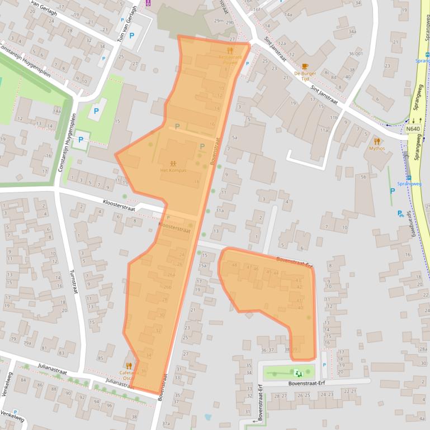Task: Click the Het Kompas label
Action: tap(172, 170)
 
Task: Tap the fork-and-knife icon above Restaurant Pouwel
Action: tap(229, 50)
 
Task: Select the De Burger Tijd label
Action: tap(305, 76)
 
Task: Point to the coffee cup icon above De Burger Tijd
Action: tap(305, 66)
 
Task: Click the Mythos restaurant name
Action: tap(377, 149)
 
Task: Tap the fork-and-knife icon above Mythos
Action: tap(377, 141)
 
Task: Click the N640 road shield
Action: tap(413, 129)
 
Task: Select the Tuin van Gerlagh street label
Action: tap(134, 17)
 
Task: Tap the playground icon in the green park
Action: tap(297, 372)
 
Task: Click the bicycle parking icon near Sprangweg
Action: tap(400, 213)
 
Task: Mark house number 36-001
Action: tap(356, 54)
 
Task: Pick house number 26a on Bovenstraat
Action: tap(171, 275)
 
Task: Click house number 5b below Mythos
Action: tap(363, 177)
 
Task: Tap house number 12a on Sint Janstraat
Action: tap(282, 44)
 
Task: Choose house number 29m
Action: tap(218, 20)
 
